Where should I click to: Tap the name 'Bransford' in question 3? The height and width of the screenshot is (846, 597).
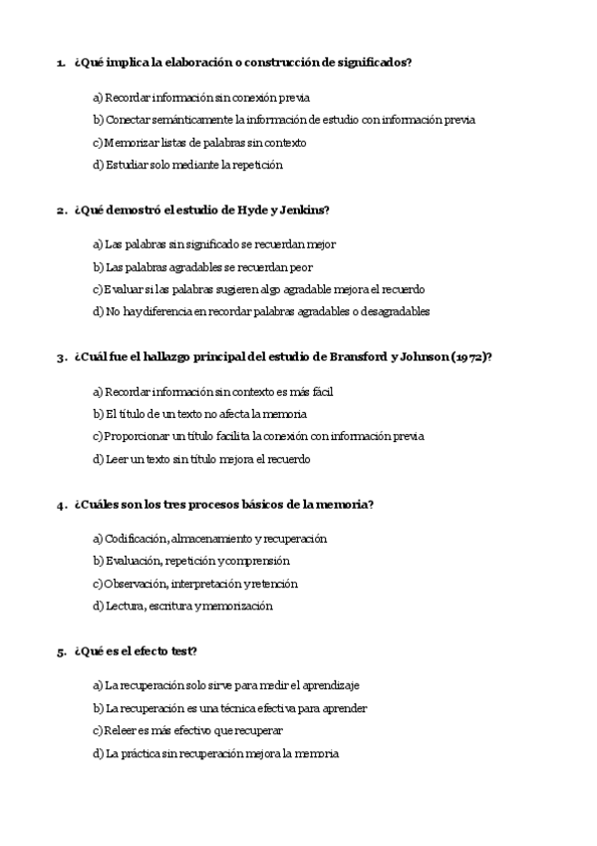[360, 358]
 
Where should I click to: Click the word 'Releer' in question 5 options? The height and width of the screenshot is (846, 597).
[120, 731]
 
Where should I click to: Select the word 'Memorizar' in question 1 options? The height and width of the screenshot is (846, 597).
[130, 143]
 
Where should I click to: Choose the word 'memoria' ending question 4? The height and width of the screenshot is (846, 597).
[347, 505]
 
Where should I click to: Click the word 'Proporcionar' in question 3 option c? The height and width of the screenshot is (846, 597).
[137, 437]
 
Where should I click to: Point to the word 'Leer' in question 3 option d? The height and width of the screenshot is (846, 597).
[116, 460]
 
